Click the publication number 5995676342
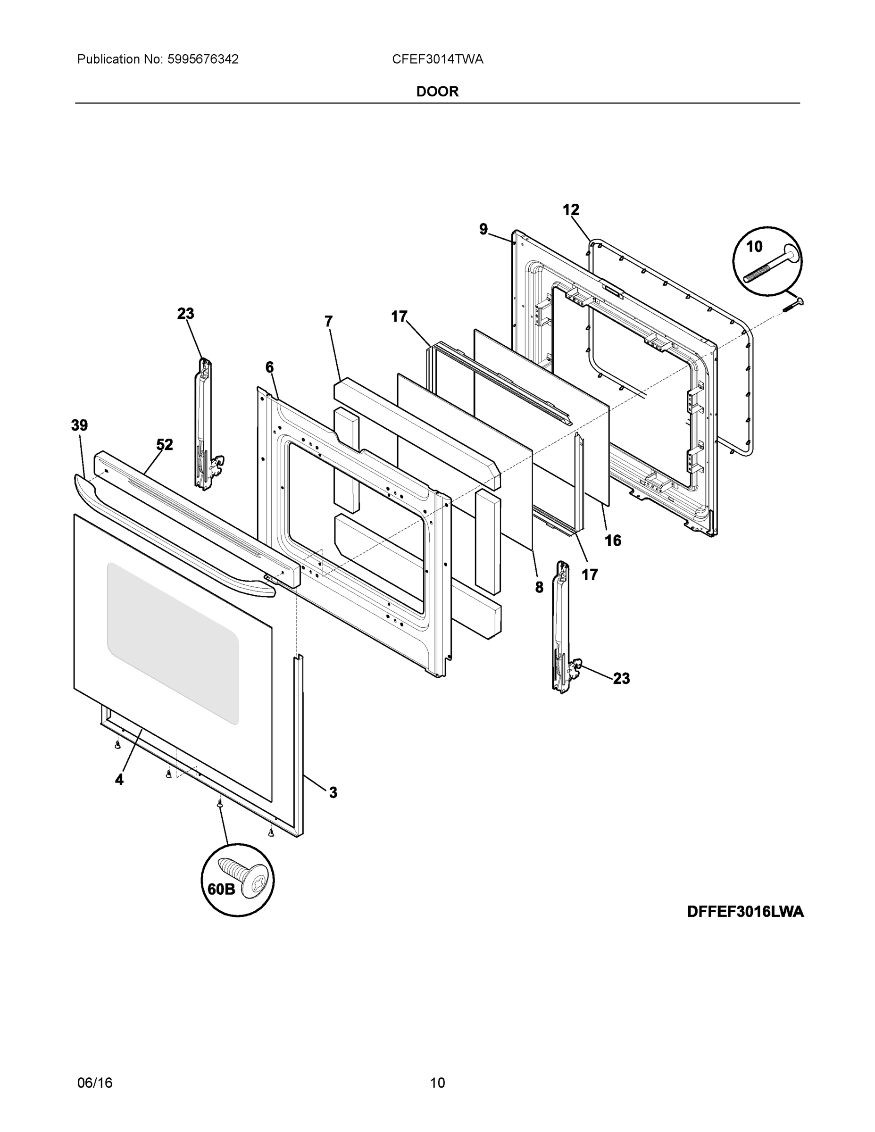point(203,59)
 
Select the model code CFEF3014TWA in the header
point(438,59)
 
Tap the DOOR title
point(438,92)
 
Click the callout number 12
point(571,210)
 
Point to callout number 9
point(483,229)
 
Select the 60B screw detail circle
point(237,880)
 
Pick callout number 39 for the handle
point(79,425)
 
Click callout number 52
point(165,444)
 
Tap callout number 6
point(269,367)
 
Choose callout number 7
point(328,321)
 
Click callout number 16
point(613,541)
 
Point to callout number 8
point(539,587)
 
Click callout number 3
point(333,792)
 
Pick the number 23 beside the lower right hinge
point(621,678)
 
